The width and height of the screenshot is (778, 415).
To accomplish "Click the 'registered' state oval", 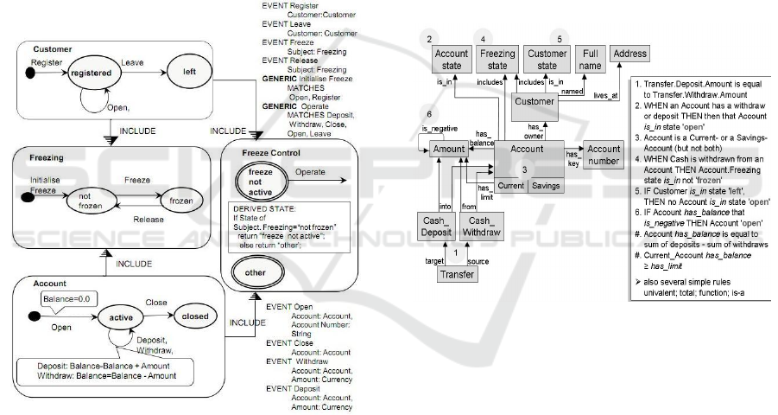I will point(92,73).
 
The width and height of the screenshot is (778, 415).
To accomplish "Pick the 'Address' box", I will point(629,54).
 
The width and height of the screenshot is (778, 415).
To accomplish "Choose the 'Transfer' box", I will point(458,275).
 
